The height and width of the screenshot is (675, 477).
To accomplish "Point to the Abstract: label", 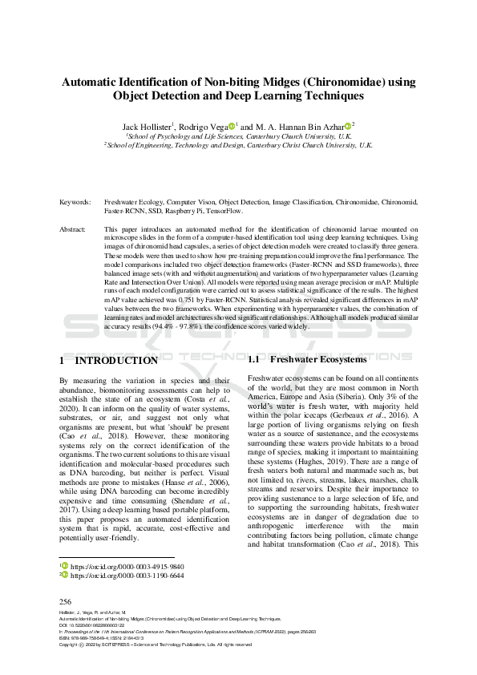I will click(x=74, y=229).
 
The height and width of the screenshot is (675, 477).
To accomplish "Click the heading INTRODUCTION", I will click(x=116, y=361).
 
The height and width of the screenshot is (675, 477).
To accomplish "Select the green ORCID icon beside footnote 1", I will click(x=64, y=564).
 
